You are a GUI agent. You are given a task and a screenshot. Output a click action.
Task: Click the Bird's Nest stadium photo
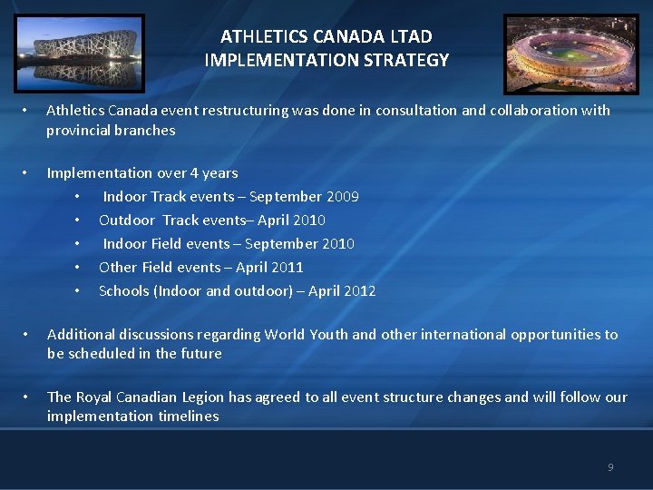click(78, 52)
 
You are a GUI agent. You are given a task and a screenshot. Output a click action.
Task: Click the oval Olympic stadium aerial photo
click(570, 52)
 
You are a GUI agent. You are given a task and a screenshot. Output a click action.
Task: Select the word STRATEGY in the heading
click(404, 61)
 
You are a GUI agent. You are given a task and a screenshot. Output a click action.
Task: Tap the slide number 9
click(610, 467)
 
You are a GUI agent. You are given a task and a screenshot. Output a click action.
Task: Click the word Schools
click(124, 291)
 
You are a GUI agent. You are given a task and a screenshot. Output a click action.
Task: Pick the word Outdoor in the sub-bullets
click(127, 220)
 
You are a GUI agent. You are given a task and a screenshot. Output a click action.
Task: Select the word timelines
click(189, 416)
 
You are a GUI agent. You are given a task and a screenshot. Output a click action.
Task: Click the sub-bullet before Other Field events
click(79, 268)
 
